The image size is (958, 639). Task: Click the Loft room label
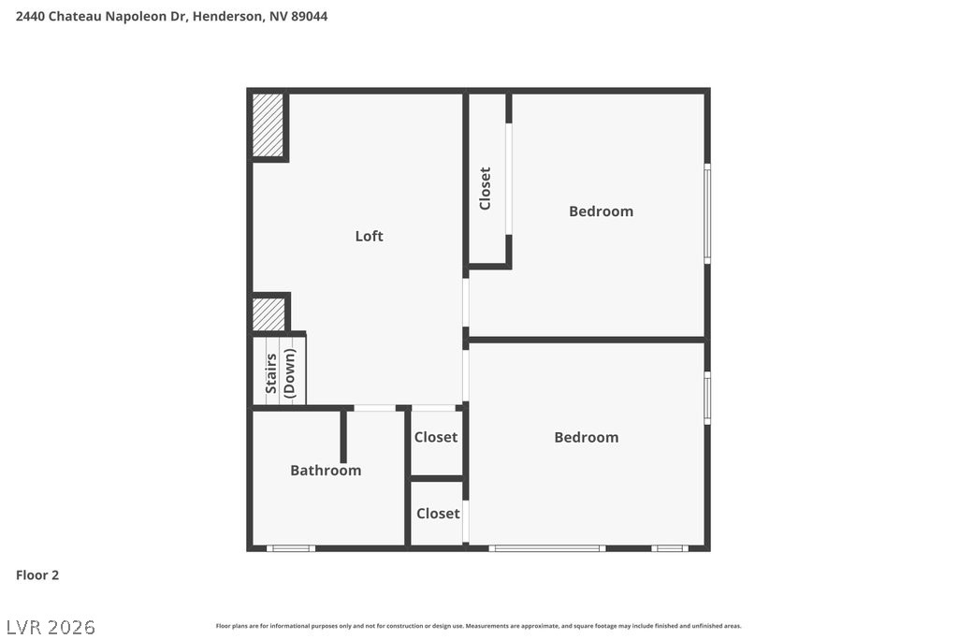pyautogui.click(x=369, y=236)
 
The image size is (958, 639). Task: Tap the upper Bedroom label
pyautogui.click(x=601, y=211)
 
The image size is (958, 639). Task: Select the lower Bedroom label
pyautogui.click(x=586, y=437)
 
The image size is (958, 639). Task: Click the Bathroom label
pyautogui.click(x=326, y=471)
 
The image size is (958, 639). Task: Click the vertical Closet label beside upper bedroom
pyautogui.click(x=485, y=188)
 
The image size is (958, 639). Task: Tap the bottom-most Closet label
pyautogui.click(x=438, y=514)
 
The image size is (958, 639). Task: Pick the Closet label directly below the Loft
pyautogui.click(x=436, y=437)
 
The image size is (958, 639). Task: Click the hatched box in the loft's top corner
pyautogui.click(x=268, y=125)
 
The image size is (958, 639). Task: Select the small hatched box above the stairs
pyautogui.click(x=269, y=313)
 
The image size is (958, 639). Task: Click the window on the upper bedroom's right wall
pyautogui.click(x=707, y=213)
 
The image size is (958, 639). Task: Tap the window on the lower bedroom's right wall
pyautogui.click(x=707, y=398)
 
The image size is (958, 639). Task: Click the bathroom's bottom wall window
pyautogui.click(x=290, y=548)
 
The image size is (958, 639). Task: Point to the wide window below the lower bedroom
pyautogui.click(x=546, y=548)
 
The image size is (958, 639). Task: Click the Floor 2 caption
pyautogui.click(x=37, y=575)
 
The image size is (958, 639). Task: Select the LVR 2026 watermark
pyautogui.click(x=51, y=626)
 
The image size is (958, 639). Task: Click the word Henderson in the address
pyautogui.click(x=227, y=16)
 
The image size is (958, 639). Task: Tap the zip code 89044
pyautogui.click(x=309, y=16)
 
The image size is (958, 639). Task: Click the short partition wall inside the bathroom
pyautogui.click(x=343, y=436)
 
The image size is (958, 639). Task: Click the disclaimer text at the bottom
pyautogui.click(x=478, y=626)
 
